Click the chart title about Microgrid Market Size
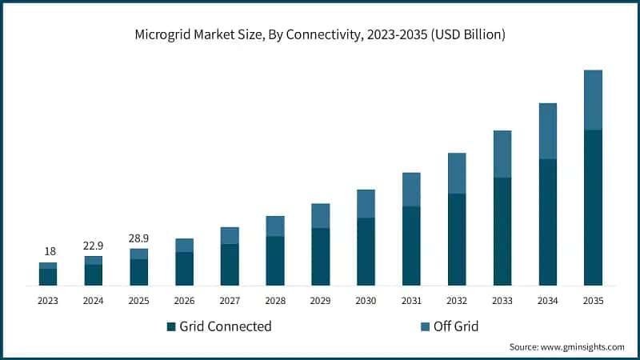320,34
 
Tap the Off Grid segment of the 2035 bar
593,100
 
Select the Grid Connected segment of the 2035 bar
593,207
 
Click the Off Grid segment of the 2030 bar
366,204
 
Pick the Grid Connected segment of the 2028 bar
275,261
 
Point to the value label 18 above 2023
48,251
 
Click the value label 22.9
94,245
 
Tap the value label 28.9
139,238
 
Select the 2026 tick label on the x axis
184,301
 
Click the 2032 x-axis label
457,301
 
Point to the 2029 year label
320,301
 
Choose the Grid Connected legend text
226,326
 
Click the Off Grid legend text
455,326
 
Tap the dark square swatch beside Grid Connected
171,326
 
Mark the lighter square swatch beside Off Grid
424,326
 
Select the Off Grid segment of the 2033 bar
502,154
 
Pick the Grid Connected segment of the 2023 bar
48,277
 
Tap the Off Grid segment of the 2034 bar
547,130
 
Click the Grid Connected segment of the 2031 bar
411,246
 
